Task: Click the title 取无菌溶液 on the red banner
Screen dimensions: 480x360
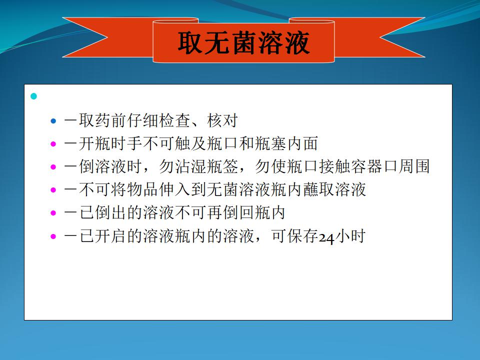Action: (x=243, y=43)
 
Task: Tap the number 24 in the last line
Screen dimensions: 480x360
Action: (x=327, y=237)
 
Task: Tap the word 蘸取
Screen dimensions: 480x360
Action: (x=319, y=190)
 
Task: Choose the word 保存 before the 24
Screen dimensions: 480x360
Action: (x=303, y=236)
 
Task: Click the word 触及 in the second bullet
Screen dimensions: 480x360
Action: (x=191, y=143)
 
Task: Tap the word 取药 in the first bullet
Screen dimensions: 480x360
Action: (x=95, y=120)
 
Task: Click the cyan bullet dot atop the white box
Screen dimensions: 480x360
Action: (x=33, y=96)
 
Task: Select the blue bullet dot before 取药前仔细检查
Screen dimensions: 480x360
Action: (x=53, y=121)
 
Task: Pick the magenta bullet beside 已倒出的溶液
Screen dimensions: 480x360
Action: (x=53, y=213)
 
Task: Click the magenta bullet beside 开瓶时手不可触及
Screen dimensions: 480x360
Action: (x=53, y=144)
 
